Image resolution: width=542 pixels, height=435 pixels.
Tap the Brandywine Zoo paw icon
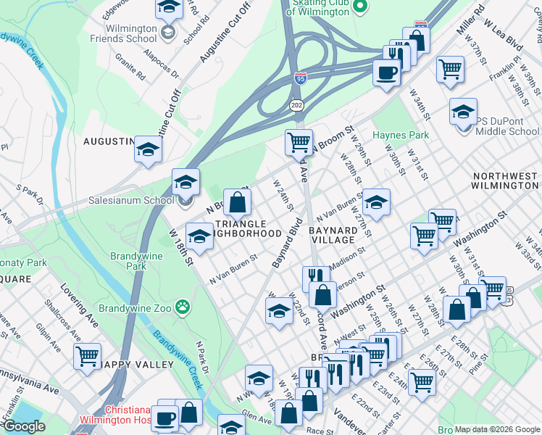click(x=182, y=308)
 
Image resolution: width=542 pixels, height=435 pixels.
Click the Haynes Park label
click(x=401, y=135)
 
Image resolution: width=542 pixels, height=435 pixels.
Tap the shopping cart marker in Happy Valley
click(x=87, y=357)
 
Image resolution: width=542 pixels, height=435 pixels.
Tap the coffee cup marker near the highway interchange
click(x=385, y=72)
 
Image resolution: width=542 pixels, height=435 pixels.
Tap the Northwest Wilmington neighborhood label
click(x=505, y=181)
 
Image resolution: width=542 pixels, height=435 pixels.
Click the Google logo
click(x=24, y=426)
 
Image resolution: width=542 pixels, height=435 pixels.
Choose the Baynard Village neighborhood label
click(x=333, y=234)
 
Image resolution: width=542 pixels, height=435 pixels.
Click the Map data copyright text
click(x=497, y=429)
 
